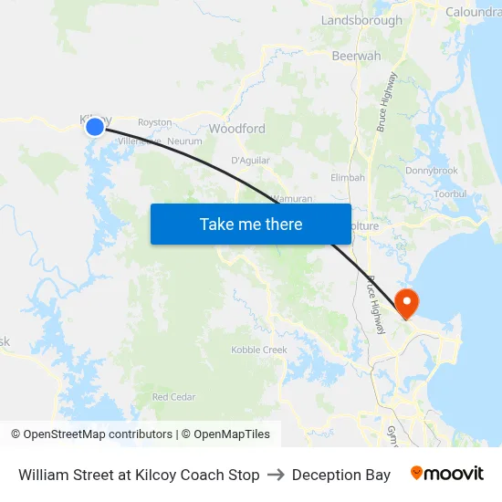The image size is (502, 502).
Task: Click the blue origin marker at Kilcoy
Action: [x=95, y=127]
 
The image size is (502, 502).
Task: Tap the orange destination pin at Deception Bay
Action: [x=405, y=302]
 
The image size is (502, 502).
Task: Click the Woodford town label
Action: [x=237, y=129]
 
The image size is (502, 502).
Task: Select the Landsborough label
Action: [x=361, y=20]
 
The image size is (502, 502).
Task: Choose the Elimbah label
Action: [x=348, y=177]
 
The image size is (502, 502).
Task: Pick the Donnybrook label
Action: [x=432, y=171]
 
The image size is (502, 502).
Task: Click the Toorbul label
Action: [x=451, y=193]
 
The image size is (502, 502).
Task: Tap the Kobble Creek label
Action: [x=259, y=350]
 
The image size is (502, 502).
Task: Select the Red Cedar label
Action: [x=173, y=397]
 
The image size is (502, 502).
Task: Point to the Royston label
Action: [x=154, y=122]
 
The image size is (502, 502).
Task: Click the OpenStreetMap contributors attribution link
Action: [x=98, y=434]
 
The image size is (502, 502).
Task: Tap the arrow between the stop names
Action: [x=276, y=475]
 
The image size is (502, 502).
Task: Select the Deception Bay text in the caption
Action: [x=341, y=475]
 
